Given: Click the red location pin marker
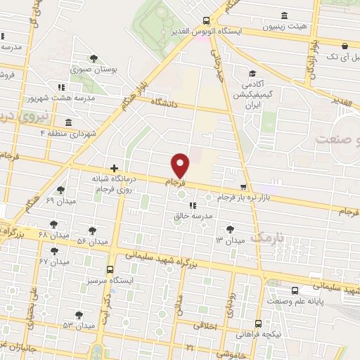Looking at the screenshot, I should coord(181,165).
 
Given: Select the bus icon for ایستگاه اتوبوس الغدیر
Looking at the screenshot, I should coord(205,20).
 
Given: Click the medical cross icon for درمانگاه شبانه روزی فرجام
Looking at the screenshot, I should coord(115,169).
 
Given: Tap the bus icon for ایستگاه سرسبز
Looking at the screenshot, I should coord(110,269).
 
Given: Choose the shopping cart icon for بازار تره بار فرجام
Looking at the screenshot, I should coord(243,187).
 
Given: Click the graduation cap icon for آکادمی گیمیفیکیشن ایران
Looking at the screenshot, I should coord(251,74).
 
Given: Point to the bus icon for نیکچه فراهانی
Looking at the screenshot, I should coord(258,324).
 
